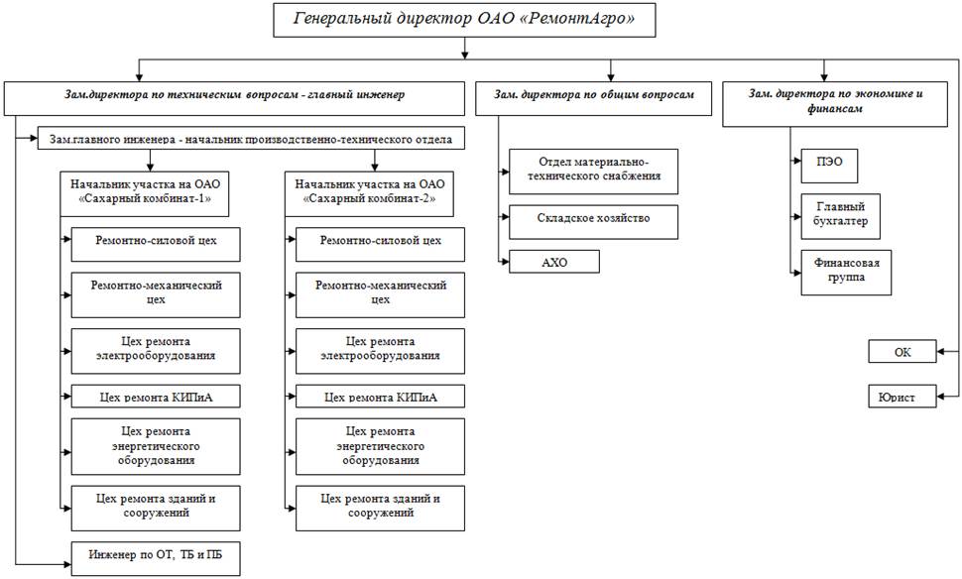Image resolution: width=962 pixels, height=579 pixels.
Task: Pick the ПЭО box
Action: point(829,166)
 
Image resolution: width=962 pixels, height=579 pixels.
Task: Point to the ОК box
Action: point(902,352)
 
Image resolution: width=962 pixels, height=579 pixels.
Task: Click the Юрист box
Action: point(902,398)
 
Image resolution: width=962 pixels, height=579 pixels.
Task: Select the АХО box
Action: point(554,262)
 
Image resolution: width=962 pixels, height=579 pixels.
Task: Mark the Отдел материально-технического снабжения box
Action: point(593,172)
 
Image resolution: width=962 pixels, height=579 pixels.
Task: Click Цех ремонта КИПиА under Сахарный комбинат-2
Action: point(381,398)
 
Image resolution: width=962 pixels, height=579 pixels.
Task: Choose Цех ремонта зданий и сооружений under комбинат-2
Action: point(381,505)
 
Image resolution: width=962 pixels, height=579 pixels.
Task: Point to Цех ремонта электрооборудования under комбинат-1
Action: point(156,349)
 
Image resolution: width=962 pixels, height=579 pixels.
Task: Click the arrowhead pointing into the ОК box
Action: point(941,352)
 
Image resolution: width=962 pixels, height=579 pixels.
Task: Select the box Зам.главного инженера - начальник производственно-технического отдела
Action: point(251,140)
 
